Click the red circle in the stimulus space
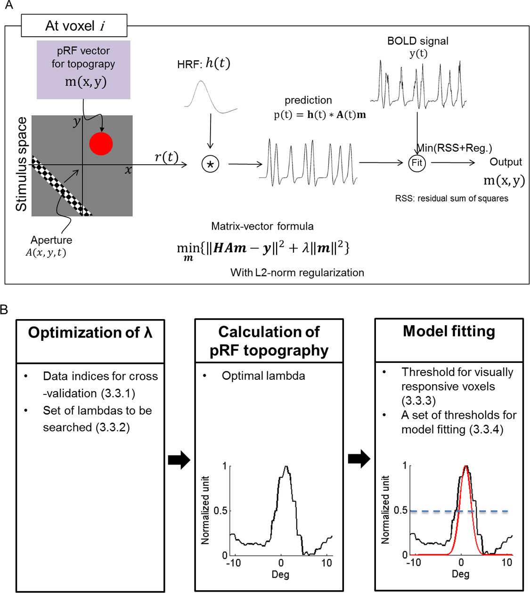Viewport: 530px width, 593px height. pos(101,144)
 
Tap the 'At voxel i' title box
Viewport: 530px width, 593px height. pos(74,26)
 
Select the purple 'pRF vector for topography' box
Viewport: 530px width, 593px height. pos(83,70)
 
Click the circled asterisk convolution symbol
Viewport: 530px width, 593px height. pos(210,164)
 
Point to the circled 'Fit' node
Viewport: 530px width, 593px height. pos(417,163)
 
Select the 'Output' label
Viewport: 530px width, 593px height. pos(506,162)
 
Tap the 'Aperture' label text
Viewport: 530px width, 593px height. pos(51,240)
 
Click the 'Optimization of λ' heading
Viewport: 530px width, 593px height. pos(90,333)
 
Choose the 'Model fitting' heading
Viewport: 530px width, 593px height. pos(448,331)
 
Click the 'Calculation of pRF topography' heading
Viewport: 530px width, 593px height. pos(269,341)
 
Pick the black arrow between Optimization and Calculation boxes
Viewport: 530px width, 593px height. pos(179,460)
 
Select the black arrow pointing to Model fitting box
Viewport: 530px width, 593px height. pos(359,458)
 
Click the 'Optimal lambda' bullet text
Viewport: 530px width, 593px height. pos(263,376)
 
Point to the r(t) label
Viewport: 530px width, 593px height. pos(166,157)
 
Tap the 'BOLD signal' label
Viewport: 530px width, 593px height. pos(417,41)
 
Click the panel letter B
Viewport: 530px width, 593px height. pos(4,309)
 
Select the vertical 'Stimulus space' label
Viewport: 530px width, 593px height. pos(21,164)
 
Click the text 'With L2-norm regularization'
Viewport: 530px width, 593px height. pos(297,272)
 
